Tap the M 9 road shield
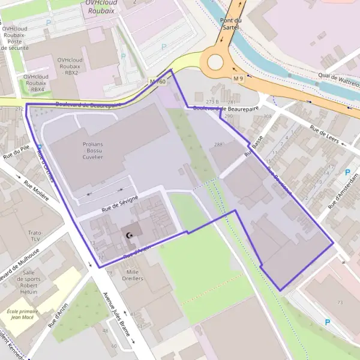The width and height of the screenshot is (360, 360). [x=239, y=79]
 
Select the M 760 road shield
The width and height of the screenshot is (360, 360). [x=157, y=81]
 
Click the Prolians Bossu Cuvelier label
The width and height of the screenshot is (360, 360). [x=93, y=151]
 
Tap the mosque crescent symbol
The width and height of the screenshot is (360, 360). [x=128, y=235]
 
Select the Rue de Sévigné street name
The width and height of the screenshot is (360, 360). [x=120, y=204]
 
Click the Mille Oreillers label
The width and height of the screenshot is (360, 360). [x=132, y=275]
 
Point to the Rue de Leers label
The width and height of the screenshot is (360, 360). [x=324, y=135]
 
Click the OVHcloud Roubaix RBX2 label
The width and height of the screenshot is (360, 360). [x=70, y=67]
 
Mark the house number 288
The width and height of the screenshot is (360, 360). [x=218, y=145]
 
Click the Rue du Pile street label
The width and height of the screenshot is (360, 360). [x=17, y=155]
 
